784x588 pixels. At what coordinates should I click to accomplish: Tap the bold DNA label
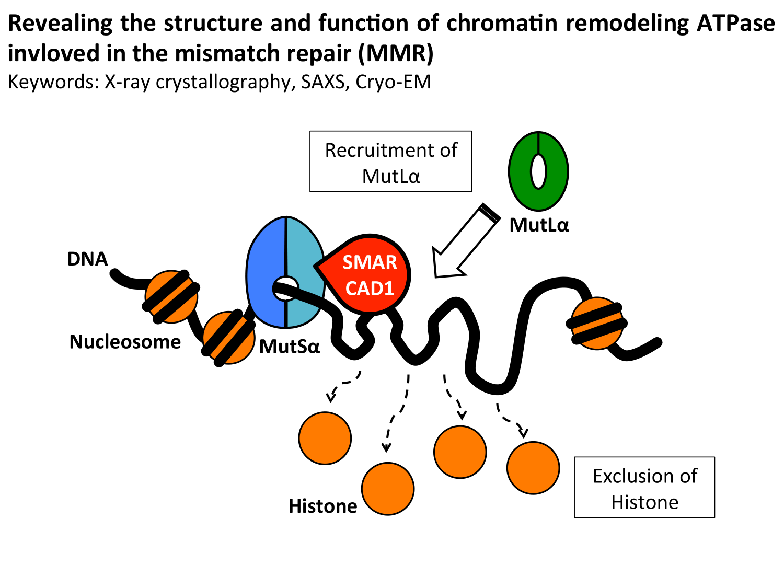click(87, 259)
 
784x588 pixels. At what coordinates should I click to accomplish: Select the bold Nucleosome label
click(125, 342)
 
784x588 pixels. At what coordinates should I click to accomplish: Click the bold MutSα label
click(290, 347)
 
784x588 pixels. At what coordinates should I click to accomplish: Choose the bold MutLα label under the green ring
click(539, 225)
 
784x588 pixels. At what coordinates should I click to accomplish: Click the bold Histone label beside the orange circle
click(323, 506)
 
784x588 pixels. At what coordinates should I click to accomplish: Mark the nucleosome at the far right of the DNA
click(597, 324)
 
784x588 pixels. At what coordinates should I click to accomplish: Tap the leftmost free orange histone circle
click(325, 438)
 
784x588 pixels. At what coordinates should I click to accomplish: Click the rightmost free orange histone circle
click(533, 468)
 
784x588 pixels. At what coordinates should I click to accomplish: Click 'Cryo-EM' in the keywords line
click(393, 82)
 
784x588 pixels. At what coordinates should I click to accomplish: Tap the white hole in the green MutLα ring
click(538, 171)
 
